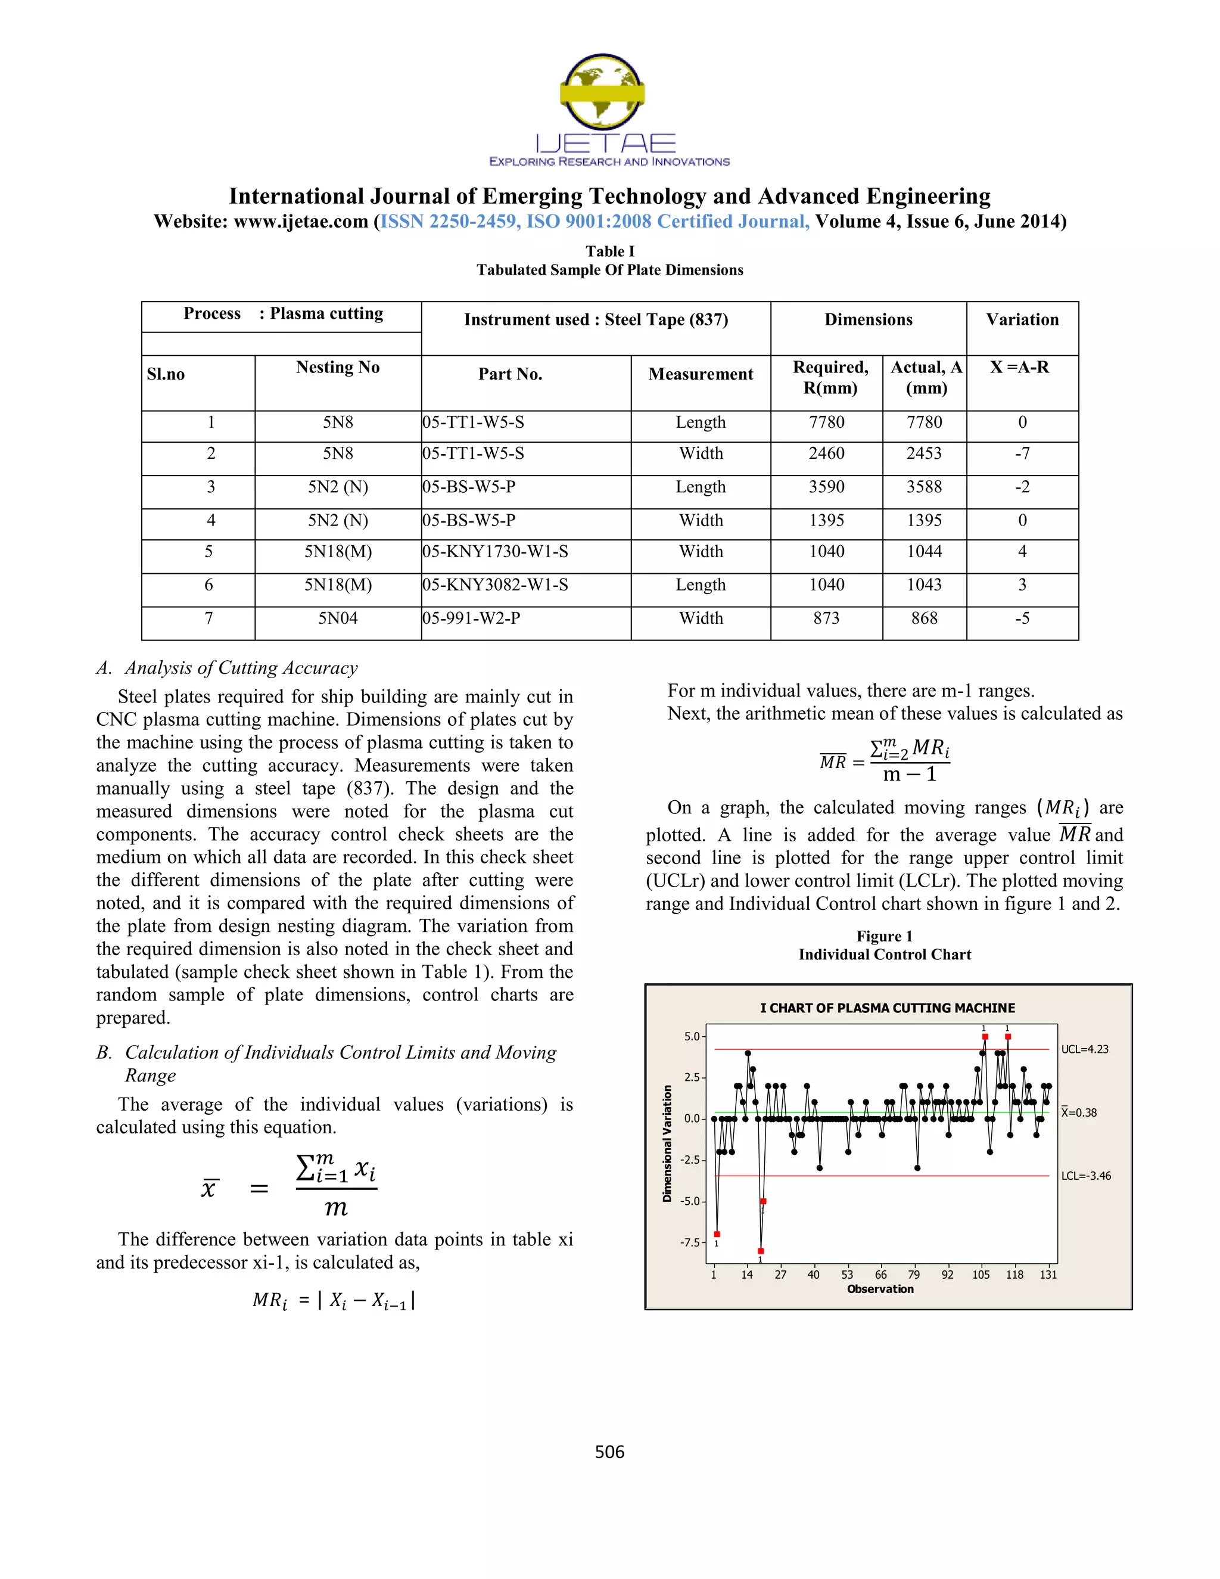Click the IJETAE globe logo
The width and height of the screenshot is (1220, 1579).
pyautogui.click(x=602, y=92)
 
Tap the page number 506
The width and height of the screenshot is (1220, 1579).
pyautogui.click(x=609, y=1451)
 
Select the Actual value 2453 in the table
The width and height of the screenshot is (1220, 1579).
pyautogui.click(x=924, y=453)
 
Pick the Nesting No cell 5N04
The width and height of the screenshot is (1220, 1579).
pyautogui.click(x=338, y=618)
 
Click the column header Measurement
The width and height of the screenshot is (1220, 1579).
pyautogui.click(x=701, y=374)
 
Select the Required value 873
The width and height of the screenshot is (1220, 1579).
pyautogui.click(x=826, y=618)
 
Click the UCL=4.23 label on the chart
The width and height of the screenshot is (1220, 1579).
pyautogui.click(x=1084, y=1049)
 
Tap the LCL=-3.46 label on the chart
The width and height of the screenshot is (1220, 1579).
pyautogui.click(x=1085, y=1176)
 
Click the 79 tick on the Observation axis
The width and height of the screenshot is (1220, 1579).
pyautogui.click(x=914, y=1275)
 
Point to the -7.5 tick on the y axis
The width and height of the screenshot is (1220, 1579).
pyautogui.click(x=690, y=1242)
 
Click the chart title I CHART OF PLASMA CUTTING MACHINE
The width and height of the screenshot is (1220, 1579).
pyautogui.click(x=887, y=1008)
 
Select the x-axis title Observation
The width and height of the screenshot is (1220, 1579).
pyautogui.click(x=880, y=1289)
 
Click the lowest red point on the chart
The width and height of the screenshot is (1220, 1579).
pyautogui.click(x=760, y=1251)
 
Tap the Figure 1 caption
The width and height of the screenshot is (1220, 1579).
pyautogui.click(x=884, y=936)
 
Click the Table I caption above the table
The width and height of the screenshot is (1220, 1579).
pyautogui.click(x=609, y=251)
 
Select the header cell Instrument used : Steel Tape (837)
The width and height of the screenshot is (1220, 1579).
pyautogui.click(x=596, y=319)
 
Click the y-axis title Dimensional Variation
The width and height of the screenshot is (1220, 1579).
pyautogui.click(x=667, y=1144)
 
